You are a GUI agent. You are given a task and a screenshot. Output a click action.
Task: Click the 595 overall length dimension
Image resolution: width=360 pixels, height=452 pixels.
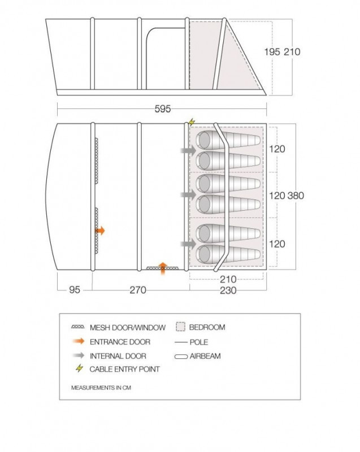coord(163,109)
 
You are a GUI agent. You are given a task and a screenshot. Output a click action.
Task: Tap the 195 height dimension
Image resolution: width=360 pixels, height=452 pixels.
coord(272,52)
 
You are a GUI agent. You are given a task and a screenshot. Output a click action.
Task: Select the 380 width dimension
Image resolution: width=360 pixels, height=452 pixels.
coord(296,195)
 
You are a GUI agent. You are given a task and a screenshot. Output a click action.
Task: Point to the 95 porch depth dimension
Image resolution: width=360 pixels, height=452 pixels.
coord(75,290)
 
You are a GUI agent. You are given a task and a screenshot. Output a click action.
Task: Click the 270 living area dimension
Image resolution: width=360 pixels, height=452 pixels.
coord(138,290)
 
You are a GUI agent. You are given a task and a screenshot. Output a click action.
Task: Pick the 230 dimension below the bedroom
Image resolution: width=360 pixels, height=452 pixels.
coord(228,290)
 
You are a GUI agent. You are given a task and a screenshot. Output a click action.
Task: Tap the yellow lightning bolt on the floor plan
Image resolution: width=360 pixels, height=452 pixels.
coord(192,122)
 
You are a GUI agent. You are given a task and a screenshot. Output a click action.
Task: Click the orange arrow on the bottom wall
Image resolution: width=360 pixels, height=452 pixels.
coord(163,268)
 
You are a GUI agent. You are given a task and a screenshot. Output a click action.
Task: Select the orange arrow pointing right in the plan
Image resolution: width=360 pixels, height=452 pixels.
coord(100,231)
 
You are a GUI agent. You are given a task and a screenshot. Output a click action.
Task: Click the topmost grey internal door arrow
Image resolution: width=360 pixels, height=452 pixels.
coord(188,150)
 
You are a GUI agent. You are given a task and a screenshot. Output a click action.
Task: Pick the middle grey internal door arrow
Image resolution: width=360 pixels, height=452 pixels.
coord(188,194)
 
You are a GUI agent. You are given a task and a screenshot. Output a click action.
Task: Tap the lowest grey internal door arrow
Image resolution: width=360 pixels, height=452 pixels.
coord(188,244)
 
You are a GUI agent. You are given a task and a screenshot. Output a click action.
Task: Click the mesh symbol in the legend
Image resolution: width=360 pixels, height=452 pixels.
coord(78,327)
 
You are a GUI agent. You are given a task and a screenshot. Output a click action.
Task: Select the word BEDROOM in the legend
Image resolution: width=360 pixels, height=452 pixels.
coord(207,327)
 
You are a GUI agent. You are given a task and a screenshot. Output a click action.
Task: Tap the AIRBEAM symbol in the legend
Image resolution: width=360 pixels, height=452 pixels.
coord(181,357)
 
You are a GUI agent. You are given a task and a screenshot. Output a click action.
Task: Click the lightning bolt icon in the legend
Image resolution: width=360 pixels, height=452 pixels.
coord(79,368)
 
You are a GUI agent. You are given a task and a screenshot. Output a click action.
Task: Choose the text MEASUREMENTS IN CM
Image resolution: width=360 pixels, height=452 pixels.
coord(101,388)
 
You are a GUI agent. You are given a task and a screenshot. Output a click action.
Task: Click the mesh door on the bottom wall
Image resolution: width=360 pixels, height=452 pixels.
coord(162,268)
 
